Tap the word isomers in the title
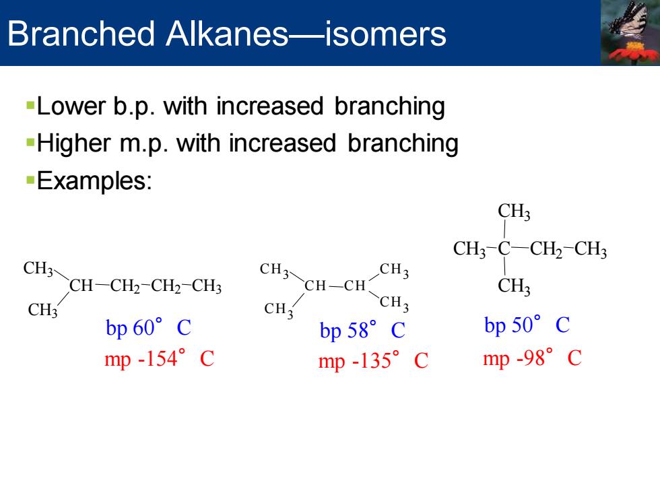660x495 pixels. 385,34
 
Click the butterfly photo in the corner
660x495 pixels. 630,32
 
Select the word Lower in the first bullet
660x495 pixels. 71,106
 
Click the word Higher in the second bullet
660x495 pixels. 73,143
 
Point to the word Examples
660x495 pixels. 94,181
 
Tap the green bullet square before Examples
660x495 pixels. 30,180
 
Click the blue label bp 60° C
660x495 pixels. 149,327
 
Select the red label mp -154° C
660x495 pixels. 160,358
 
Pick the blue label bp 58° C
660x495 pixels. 362,330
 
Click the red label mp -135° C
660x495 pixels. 373,361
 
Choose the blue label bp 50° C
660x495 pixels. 527,325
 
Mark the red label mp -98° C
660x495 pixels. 533,358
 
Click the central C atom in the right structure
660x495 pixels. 504,249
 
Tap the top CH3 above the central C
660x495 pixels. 514,211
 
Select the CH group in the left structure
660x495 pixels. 81,286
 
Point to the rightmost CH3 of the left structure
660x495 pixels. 207,286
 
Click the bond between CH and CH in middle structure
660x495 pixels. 336,286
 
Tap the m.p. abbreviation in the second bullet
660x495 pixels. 142,143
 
